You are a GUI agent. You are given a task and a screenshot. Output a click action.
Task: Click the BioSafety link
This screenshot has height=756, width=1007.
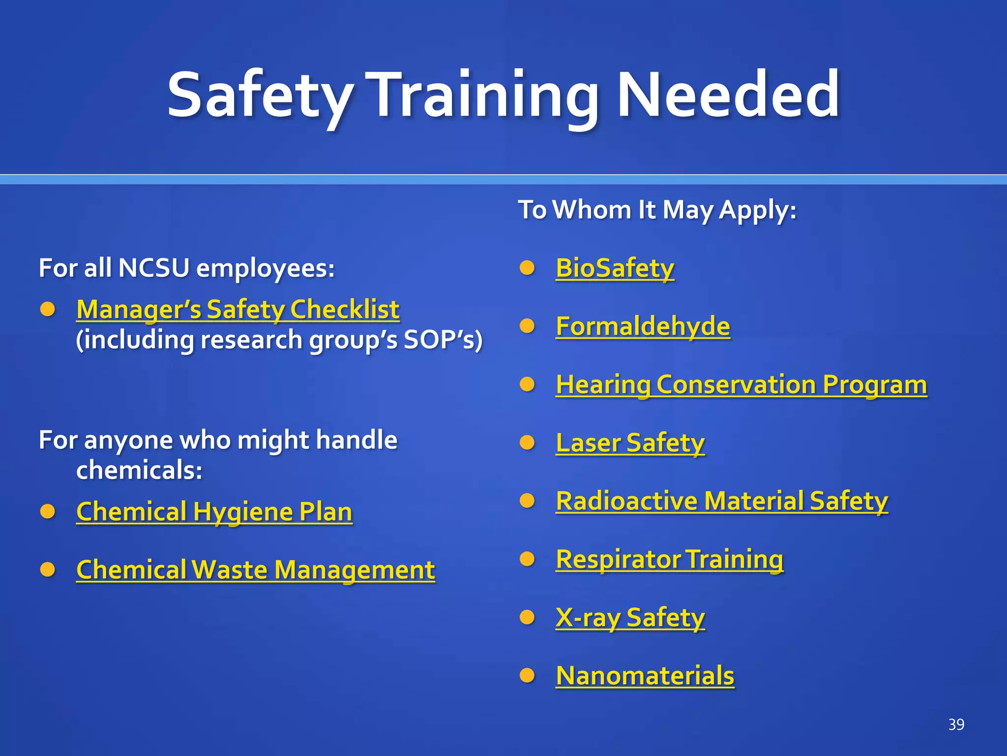(615, 268)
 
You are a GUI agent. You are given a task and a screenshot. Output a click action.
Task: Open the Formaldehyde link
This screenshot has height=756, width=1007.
(643, 326)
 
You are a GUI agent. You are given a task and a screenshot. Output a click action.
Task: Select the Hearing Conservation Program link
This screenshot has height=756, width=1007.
(741, 384)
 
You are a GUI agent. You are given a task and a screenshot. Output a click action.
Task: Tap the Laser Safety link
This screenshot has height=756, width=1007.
(630, 442)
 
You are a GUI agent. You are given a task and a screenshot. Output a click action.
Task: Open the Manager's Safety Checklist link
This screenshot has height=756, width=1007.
(237, 310)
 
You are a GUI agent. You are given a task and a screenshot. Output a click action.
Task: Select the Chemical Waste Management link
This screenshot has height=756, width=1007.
(255, 570)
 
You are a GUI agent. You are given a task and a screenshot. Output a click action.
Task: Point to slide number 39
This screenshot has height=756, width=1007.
(956, 724)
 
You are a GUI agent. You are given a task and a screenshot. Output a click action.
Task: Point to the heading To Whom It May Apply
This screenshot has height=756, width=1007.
(656, 210)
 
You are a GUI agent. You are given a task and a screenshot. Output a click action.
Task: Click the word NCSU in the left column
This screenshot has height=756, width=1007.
(153, 268)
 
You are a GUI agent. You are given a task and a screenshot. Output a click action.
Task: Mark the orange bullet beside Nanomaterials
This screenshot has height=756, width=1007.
(527, 675)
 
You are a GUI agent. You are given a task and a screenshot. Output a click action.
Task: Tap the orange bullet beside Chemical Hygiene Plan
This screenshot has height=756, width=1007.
(48, 512)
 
